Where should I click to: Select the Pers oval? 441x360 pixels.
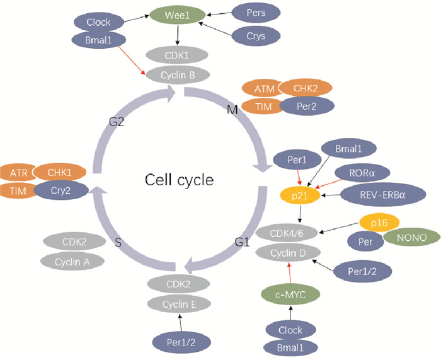[x=258, y=13]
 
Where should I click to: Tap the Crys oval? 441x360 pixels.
[x=258, y=36]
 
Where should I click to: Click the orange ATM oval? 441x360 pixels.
[x=260, y=90]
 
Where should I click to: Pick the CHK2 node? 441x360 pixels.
[x=306, y=90]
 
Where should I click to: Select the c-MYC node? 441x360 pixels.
[x=291, y=293]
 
